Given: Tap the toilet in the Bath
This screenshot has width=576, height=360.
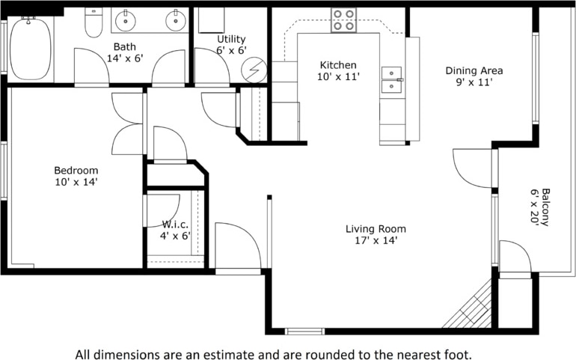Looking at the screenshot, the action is pos(94,22).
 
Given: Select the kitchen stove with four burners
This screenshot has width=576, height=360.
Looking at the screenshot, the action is pos(344,20).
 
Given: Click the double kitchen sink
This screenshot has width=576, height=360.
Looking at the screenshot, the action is pos(391,80).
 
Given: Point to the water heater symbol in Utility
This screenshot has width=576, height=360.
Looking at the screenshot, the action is pos(254,70).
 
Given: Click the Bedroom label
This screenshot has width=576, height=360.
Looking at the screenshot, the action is pos(76,170).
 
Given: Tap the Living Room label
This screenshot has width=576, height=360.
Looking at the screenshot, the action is pos(376,229).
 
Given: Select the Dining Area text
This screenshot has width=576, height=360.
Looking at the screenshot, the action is pos(474,70).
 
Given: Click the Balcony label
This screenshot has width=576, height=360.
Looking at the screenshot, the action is pos(546,207).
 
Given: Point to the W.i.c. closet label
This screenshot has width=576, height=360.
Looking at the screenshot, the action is pos(175,224).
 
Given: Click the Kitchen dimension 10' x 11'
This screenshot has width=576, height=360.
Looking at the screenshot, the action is pos(338,76).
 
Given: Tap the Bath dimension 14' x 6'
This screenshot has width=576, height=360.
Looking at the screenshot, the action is pos(125,58).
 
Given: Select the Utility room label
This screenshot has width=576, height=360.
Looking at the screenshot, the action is pos(231,39).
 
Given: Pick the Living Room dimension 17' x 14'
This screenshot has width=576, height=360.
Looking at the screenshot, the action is pos(376,240).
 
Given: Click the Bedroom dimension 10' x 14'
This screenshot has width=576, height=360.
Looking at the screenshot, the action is pos(76,182).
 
